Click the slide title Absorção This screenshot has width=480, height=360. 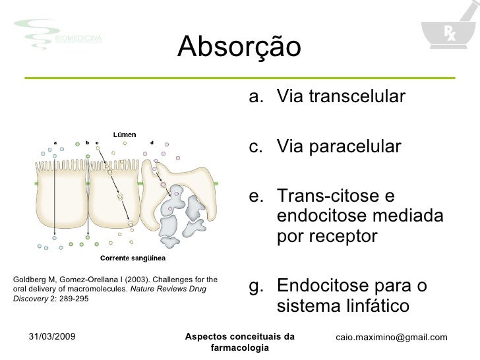[239, 46]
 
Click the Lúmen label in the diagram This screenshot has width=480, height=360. [125, 135]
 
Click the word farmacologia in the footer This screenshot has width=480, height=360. [239, 347]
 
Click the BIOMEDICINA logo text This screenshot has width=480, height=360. [78, 39]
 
